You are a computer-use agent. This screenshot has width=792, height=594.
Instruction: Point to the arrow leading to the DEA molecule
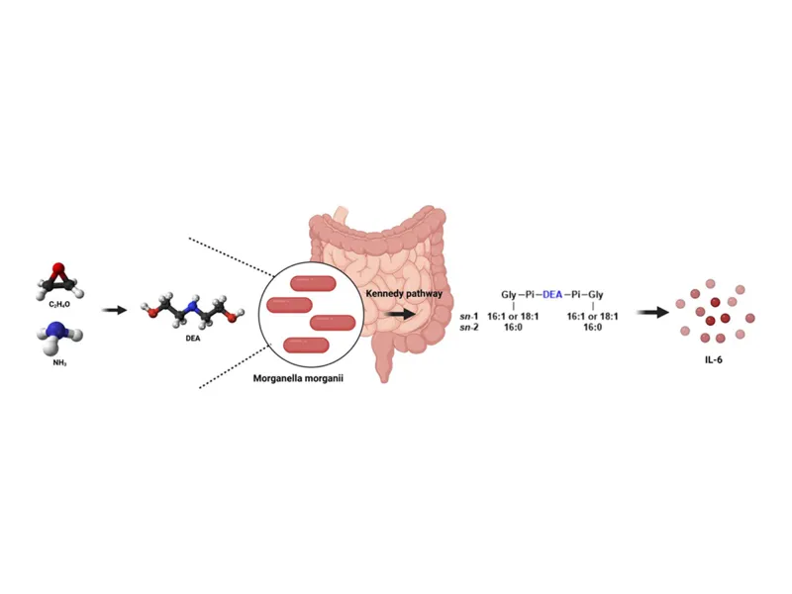115,310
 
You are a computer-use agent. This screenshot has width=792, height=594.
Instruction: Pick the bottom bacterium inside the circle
306,345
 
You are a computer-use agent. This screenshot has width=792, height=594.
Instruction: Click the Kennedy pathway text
402,293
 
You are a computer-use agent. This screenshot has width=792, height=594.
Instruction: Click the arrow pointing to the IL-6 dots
650,313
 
